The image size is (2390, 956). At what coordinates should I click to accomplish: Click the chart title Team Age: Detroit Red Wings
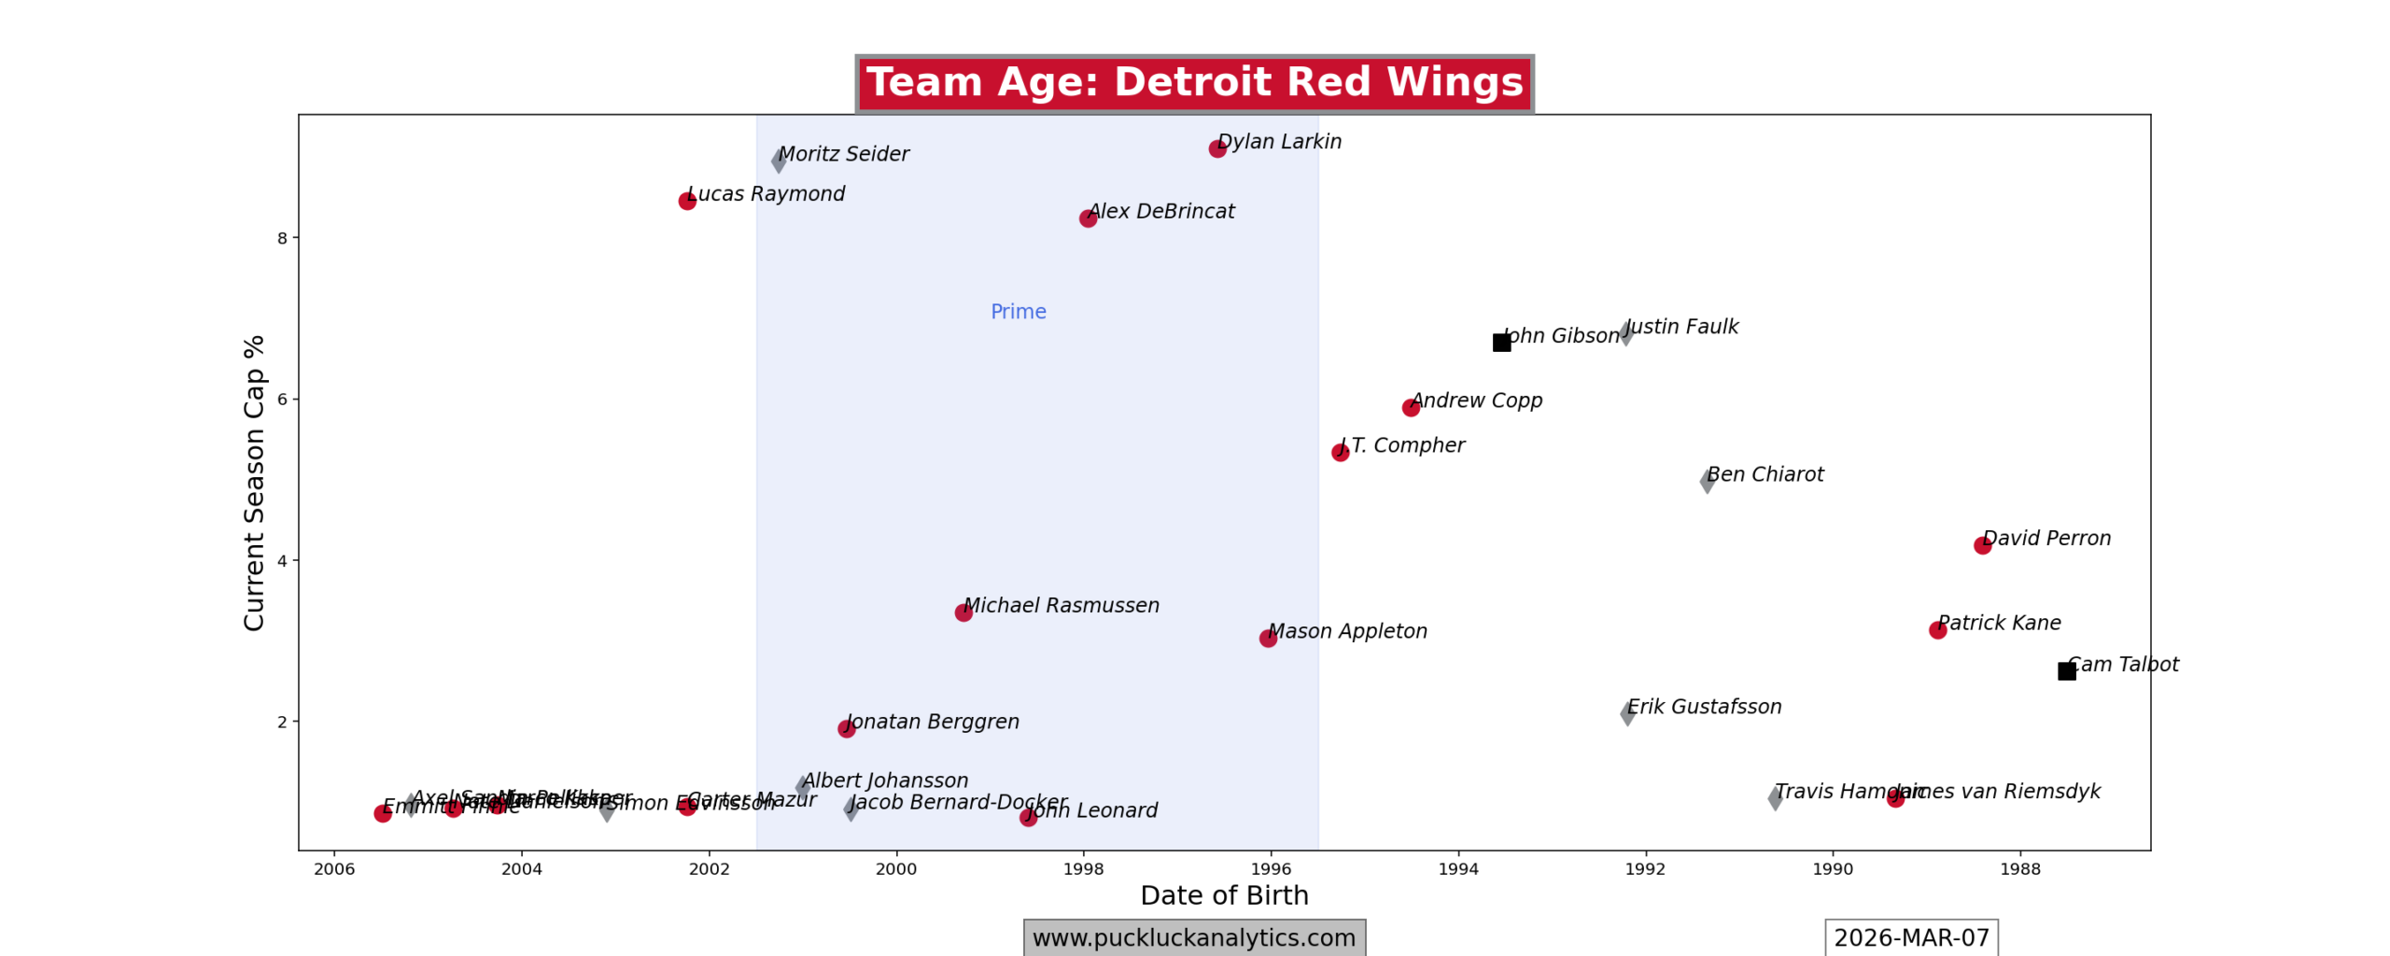pos(1193,83)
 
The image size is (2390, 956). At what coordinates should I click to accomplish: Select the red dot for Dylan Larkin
pos(1217,148)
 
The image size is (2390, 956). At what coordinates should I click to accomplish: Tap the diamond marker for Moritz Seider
pos(779,161)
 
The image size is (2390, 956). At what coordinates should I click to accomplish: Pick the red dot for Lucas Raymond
pos(687,201)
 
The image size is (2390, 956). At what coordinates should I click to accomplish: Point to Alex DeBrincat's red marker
pos(1088,218)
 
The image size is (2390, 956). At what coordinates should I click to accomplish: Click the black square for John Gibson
pos(1501,343)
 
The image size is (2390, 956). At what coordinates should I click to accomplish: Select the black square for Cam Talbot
pos(2067,671)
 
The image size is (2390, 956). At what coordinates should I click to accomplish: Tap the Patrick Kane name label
pos(2000,623)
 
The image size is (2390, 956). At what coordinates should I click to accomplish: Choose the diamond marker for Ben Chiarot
pos(1707,482)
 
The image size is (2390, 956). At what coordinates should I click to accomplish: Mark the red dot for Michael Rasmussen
pos(963,612)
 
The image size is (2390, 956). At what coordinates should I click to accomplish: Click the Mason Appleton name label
pos(1348,631)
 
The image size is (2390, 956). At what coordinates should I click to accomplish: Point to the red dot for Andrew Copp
pos(1411,407)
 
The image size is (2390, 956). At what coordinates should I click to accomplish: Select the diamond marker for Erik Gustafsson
pos(1627,714)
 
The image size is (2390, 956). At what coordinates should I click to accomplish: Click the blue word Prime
pos(1018,312)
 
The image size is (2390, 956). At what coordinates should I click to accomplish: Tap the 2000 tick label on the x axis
pos(895,869)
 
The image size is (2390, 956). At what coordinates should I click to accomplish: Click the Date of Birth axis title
pos(1224,895)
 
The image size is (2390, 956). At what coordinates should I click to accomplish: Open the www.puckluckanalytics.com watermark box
pos(1194,937)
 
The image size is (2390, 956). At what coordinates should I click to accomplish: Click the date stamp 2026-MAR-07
pos(1911,937)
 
